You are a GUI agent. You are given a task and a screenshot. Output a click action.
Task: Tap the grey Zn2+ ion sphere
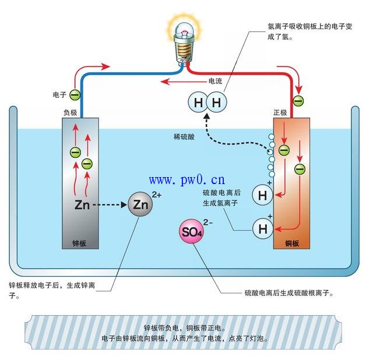coord(140,205)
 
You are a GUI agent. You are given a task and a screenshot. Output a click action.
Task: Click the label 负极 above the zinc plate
coord(70,111)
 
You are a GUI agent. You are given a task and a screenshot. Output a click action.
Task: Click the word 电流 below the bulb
coord(216,81)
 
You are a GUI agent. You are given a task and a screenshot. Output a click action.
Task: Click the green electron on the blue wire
coord(75,94)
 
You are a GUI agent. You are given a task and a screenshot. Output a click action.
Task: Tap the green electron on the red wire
coord(298,101)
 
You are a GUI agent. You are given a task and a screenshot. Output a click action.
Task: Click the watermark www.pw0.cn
coord(187,179)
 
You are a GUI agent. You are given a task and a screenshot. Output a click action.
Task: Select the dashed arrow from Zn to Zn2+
coord(110,205)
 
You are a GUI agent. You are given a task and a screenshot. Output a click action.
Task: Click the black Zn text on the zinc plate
coord(82,205)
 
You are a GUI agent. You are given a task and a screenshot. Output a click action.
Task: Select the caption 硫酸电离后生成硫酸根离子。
coord(290,293)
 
